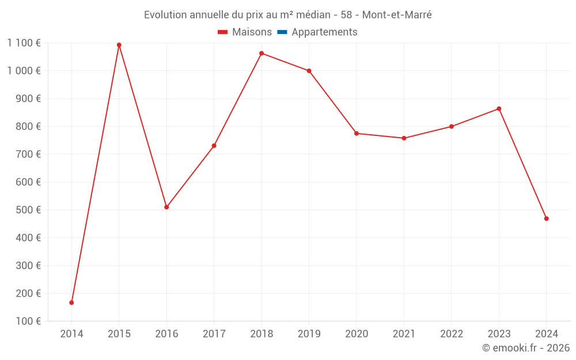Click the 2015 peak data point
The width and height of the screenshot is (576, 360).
[119, 45]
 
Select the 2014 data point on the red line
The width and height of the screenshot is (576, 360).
[71, 302]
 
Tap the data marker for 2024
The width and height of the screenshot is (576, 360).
[546, 218]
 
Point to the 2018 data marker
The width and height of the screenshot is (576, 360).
[262, 54]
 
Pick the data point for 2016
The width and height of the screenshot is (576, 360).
[166, 207]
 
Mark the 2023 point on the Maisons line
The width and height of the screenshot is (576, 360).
[499, 109]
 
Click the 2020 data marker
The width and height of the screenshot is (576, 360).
[357, 133]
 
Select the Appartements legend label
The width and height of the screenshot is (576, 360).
[324, 32]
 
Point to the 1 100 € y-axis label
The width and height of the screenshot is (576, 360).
[24, 43]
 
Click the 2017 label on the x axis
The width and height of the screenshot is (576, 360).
[214, 334]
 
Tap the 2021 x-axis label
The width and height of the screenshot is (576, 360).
[404, 334]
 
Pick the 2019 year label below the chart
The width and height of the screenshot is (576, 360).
[309, 334]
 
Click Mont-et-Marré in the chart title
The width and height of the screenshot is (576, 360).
[397, 15]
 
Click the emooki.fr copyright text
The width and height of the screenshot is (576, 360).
[526, 348]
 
